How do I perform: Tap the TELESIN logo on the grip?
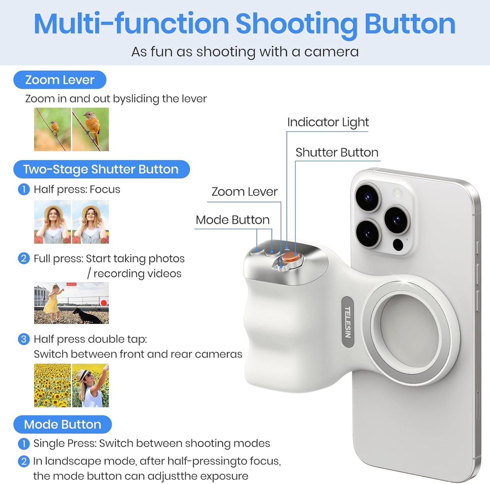(x=348, y=322)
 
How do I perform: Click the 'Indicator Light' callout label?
(x=328, y=122)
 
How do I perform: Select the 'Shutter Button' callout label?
(x=337, y=153)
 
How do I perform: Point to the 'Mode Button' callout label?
(x=233, y=220)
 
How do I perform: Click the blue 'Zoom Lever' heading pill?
(x=60, y=80)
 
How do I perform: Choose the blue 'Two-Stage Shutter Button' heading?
(x=101, y=169)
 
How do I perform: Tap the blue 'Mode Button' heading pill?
(x=62, y=424)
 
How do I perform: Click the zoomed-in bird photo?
(x=91, y=129)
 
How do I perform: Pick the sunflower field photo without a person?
(x=52, y=385)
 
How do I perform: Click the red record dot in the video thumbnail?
(x=104, y=303)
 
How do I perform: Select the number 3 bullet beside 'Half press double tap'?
(x=23, y=339)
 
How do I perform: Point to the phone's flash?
(x=397, y=193)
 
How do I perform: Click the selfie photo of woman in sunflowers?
(x=91, y=385)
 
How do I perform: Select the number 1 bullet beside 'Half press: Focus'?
(x=23, y=189)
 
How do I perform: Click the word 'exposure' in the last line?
(x=224, y=476)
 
